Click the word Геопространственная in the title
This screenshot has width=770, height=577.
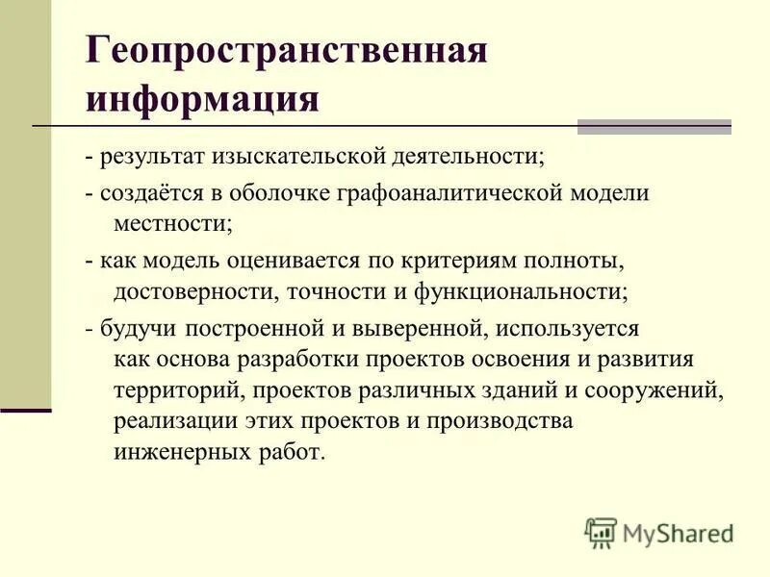(x=286, y=51)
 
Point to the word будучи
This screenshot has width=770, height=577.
(x=128, y=328)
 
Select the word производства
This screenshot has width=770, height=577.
(x=500, y=421)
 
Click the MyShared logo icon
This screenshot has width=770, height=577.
(x=601, y=533)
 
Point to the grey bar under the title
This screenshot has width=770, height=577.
(x=654, y=126)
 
